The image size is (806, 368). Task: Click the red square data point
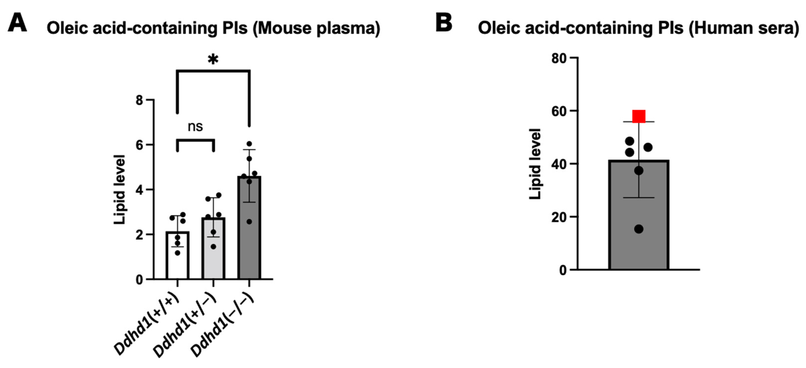(639, 116)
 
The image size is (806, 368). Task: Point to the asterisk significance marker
(213, 59)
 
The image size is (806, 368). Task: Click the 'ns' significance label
(195, 126)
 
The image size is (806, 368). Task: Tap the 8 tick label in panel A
(139, 100)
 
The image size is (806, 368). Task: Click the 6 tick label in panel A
(139, 145)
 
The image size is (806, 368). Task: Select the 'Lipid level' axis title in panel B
(535, 164)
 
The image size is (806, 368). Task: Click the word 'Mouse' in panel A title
(284, 28)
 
